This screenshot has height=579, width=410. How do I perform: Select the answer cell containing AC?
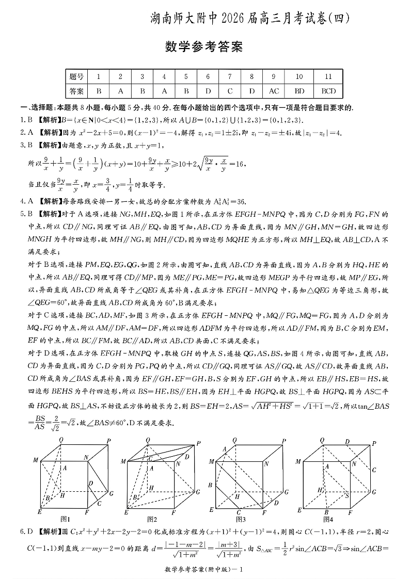(x=274, y=91)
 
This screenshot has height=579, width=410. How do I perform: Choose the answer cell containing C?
(x=230, y=91)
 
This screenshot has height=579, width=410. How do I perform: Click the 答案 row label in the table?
(x=76, y=91)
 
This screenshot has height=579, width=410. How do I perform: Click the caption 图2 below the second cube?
(x=152, y=519)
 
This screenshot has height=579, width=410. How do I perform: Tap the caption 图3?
(x=241, y=519)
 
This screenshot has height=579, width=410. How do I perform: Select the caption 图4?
(x=327, y=519)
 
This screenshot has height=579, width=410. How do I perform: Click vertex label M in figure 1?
(x=36, y=460)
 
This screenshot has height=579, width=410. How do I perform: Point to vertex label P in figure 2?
(x=199, y=443)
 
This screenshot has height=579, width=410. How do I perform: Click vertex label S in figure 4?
(x=347, y=496)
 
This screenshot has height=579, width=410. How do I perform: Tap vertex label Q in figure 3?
(x=235, y=440)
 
